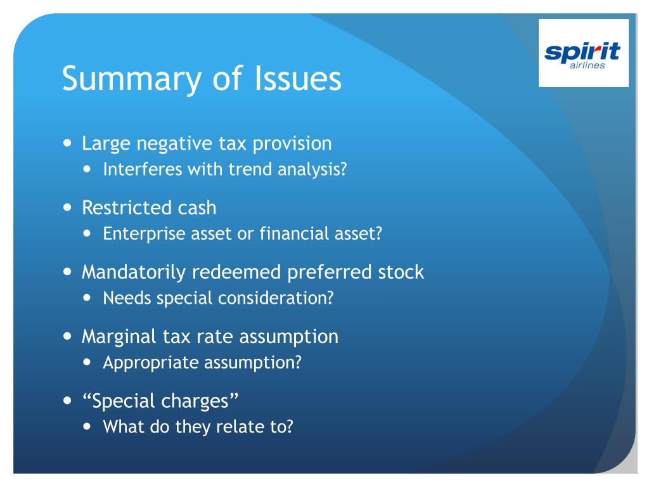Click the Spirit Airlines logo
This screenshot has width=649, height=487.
point(583,53)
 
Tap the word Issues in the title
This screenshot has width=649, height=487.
point(298,78)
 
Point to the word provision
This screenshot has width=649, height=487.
point(292,145)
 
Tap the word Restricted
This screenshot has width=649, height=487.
point(126,207)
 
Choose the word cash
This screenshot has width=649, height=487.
point(197,207)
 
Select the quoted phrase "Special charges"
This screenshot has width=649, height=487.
point(160,401)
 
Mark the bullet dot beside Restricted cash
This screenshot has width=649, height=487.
point(68,207)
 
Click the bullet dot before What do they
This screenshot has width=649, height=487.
point(87,427)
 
